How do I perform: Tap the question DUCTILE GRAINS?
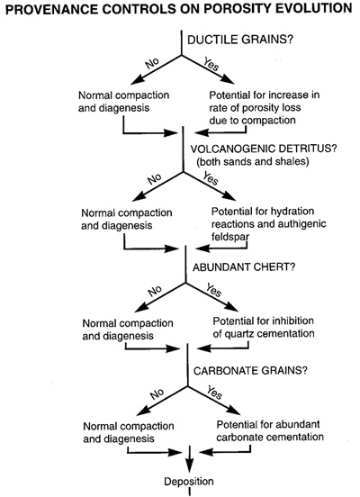[x=240, y=40]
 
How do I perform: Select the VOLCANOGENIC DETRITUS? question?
[x=264, y=149]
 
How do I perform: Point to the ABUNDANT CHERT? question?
[x=244, y=267]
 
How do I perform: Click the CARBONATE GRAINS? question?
[x=250, y=371]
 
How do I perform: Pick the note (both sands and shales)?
[x=253, y=162]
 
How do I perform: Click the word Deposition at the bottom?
[x=189, y=482]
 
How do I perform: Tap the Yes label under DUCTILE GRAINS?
[x=211, y=64]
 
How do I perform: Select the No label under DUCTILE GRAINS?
[x=152, y=63]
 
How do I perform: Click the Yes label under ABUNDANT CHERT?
[x=213, y=290]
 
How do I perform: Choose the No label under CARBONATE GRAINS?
[x=157, y=394]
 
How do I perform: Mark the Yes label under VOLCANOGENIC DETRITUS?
[x=211, y=178]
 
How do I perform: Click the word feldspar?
[x=230, y=237]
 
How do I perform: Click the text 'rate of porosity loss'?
[x=255, y=108]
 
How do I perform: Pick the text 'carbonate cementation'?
[x=270, y=437]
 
